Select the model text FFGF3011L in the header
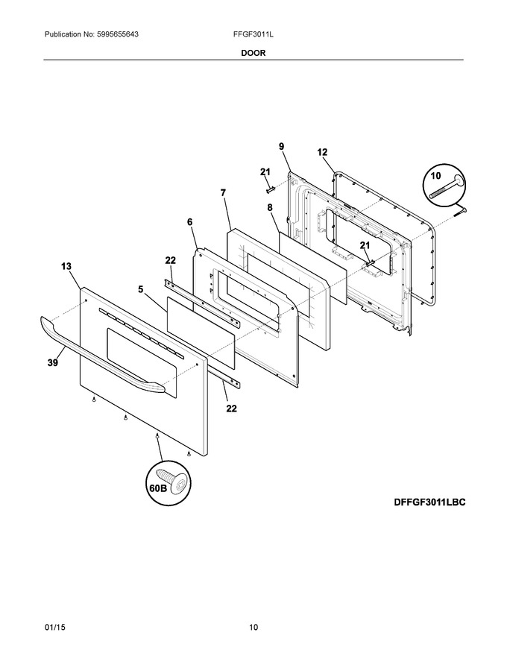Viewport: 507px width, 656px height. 253,34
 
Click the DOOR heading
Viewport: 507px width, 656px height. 253,53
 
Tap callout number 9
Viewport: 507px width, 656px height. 282,146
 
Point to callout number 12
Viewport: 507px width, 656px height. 322,152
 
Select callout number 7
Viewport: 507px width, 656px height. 223,192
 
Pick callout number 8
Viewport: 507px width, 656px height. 270,207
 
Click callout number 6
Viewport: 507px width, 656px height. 190,222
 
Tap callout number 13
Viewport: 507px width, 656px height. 66,266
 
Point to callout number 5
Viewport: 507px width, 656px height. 141,289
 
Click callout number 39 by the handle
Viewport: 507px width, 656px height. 53,363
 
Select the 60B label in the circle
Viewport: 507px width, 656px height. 157,488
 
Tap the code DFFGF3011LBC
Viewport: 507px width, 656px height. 429,502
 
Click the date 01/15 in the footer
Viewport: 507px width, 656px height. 54,627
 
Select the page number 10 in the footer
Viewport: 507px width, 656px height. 253,627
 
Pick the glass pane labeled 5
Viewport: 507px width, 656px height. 201,333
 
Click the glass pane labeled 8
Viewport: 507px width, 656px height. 313,268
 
